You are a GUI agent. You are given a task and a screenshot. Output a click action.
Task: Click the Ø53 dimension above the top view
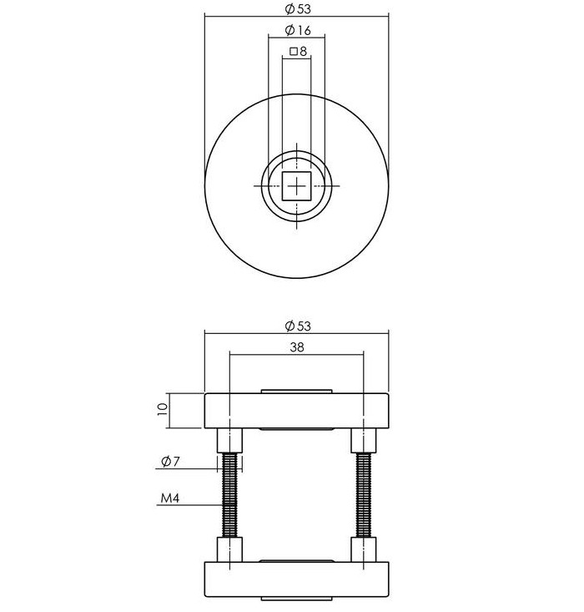coord(298,9)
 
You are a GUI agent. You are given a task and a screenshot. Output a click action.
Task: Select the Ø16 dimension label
coord(298,30)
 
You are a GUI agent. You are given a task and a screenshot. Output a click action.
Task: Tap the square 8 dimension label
coord(299,51)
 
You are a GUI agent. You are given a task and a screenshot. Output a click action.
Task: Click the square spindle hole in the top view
coord(296,186)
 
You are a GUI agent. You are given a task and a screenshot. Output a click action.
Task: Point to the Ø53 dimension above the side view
coord(298,326)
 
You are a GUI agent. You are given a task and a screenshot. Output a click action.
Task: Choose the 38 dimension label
coord(297,347)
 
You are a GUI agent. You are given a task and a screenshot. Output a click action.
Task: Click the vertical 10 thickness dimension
coord(163,409)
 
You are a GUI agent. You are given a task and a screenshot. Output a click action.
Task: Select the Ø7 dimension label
coord(170,462)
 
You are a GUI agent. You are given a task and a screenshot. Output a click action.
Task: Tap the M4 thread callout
coord(170,498)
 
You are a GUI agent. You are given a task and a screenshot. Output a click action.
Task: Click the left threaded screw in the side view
coord(229,494)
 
